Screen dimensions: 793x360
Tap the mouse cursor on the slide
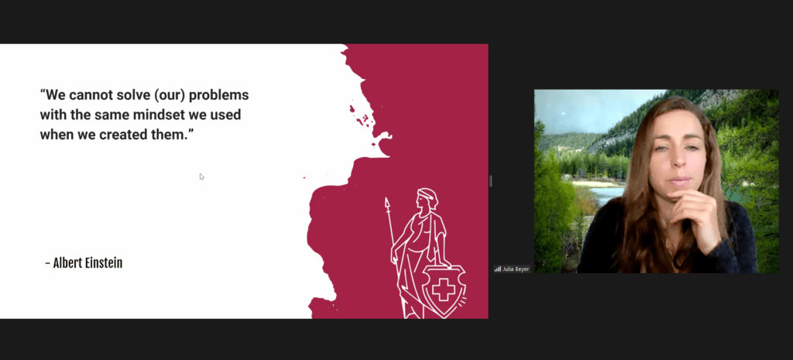point(202,177)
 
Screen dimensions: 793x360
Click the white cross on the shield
point(444,290)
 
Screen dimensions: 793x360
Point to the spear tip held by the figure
point(387,204)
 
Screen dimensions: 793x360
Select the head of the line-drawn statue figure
point(427,198)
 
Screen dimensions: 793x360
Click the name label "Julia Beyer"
point(516,269)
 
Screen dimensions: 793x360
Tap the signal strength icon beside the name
point(498,269)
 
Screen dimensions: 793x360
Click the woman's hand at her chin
point(694,212)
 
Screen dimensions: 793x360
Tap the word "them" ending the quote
point(172,135)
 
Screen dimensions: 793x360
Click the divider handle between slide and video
point(490,181)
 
